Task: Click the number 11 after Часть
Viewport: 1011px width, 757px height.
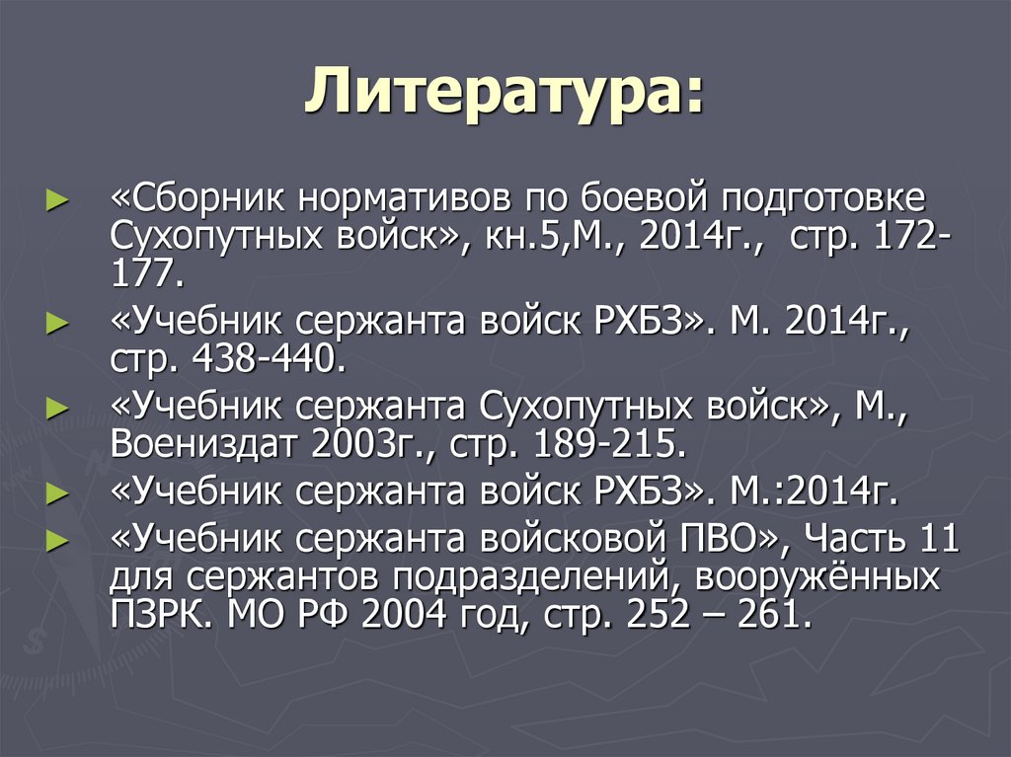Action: tap(939, 541)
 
